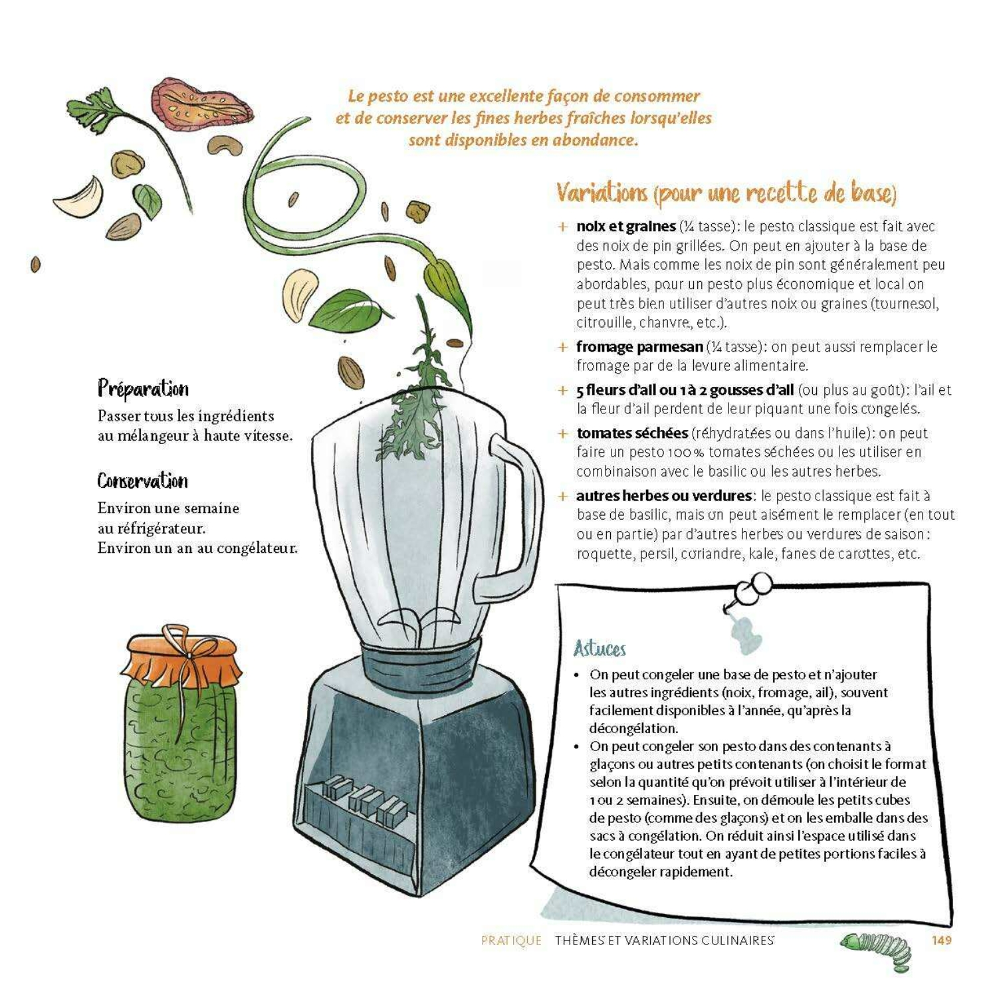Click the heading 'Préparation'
(x=143, y=389)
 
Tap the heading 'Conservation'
(x=142, y=481)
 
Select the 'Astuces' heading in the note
(x=600, y=649)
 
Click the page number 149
(x=941, y=940)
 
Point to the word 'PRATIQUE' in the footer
(x=511, y=941)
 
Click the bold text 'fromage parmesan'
(x=639, y=347)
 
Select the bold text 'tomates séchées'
(x=631, y=433)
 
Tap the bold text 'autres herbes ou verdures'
(x=663, y=496)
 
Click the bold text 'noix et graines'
(x=625, y=227)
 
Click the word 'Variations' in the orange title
(x=602, y=193)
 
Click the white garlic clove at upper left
(x=80, y=197)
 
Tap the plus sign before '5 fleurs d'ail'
(x=563, y=391)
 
